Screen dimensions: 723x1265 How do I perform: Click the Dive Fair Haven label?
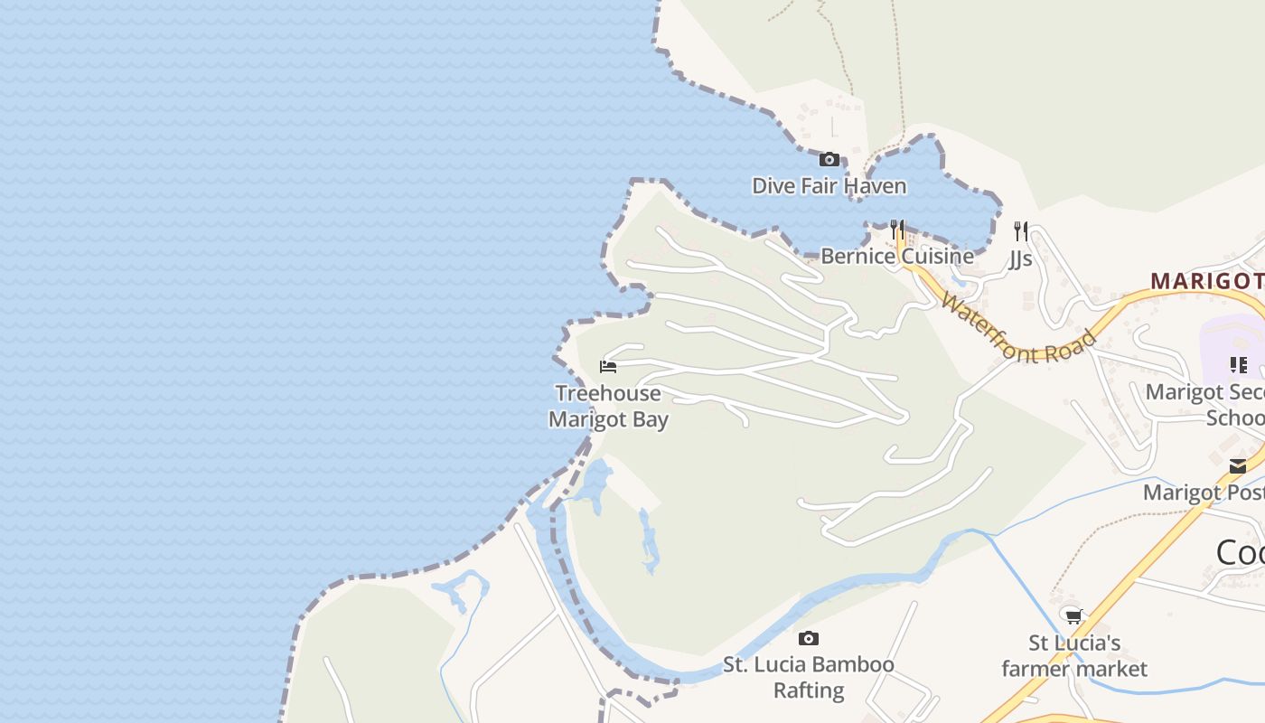point(829,186)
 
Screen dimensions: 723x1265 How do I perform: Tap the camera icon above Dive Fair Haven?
point(829,160)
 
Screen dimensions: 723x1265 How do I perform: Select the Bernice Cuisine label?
point(896,257)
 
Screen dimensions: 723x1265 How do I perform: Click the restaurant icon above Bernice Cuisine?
point(896,230)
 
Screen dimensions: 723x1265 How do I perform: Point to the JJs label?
point(1020,259)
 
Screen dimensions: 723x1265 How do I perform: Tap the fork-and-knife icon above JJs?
point(1020,230)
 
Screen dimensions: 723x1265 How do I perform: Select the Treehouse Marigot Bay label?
point(608,407)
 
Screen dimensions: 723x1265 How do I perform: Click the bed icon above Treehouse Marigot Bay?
point(608,367)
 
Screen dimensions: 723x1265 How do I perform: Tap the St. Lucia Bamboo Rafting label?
point(809,677)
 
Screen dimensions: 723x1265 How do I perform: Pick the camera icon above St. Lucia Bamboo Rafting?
point(809,639)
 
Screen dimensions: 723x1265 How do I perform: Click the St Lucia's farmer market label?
point(1074,656)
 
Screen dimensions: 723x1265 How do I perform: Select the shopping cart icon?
point(1073,617)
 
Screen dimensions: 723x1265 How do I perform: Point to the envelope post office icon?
point(1238,466)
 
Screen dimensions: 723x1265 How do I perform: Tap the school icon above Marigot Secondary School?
point(1238,365)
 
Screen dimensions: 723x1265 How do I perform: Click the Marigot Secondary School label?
point(1205,405)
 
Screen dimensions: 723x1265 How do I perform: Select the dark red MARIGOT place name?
point(1207,281)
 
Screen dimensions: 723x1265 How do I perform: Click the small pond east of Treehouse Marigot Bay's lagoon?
point(647,542)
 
